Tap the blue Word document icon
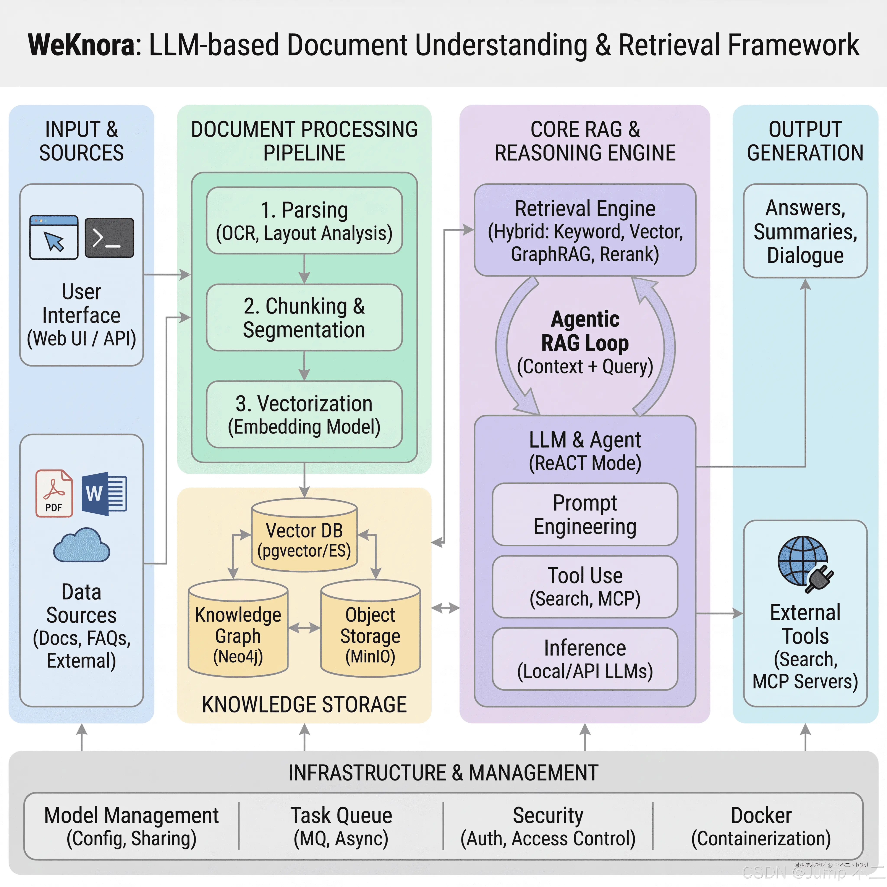(104, 494)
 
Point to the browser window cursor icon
(54, 237)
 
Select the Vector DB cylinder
(304, 535)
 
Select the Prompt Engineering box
(585, 514)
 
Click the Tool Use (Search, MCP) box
(585, 587)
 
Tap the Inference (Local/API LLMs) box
(585, 659)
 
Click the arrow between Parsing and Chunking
(304, 269)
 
